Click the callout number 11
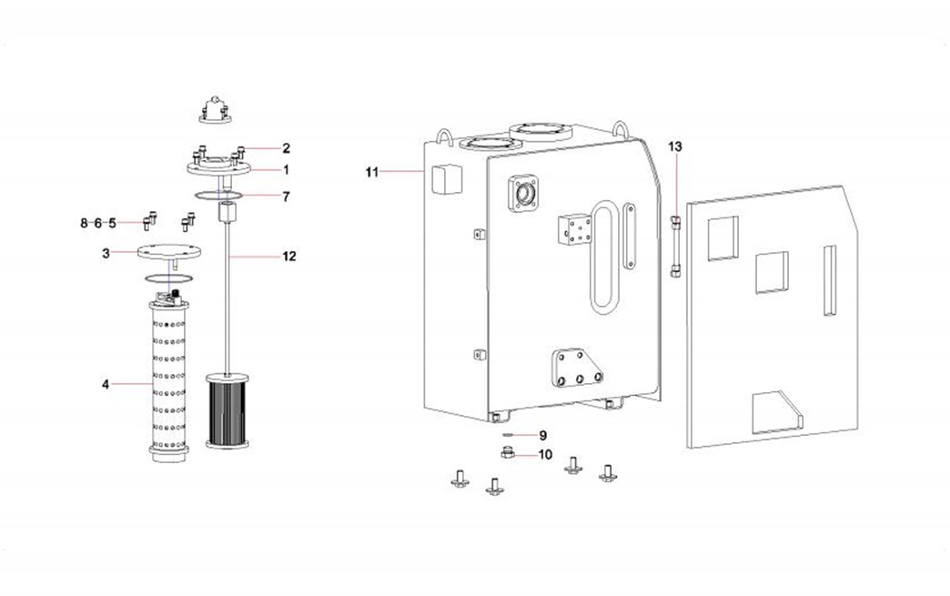coord(371,171)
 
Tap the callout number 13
coord(674,146)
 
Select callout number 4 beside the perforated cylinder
coord(106,385)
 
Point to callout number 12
coord(288,257)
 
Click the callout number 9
coord(542,435)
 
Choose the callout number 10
coord(544,454)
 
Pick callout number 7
coord(286,196)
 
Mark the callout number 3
coord(106,253)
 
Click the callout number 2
coord(286,147)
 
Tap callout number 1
coord(286,169)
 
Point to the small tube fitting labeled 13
coord(675,244)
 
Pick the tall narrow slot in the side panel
coord(829,280)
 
